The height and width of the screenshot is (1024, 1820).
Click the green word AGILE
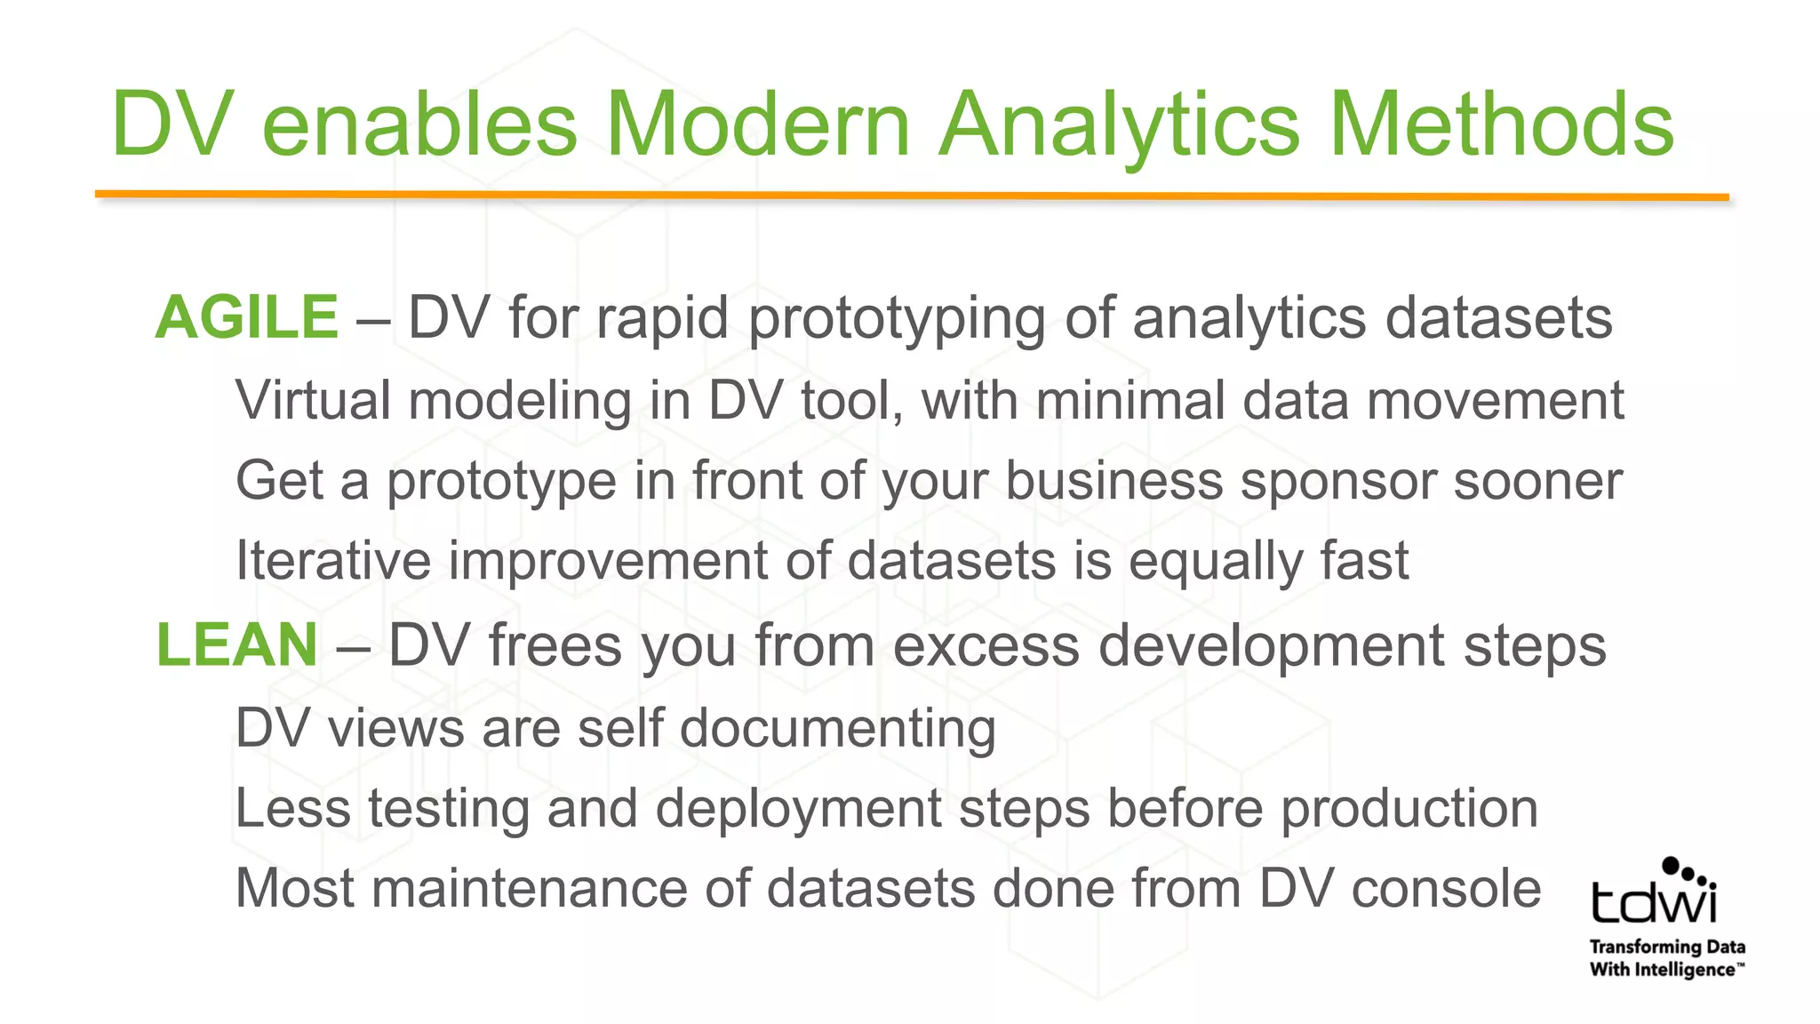[x=247, y=318]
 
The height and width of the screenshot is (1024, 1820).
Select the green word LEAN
[x=236, y=645]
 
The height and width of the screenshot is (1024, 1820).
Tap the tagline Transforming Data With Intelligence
[x=1666, y=958]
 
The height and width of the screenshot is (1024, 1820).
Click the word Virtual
[x=313, y=400]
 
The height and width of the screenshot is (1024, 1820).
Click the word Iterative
[x=332, y=561]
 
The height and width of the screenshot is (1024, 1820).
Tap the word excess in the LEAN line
[x=985, y=645]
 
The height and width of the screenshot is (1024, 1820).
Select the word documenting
[x=837, y=729]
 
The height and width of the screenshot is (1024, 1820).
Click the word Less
[x=292, y=808]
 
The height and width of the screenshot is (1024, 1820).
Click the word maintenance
[x=529, y=888]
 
